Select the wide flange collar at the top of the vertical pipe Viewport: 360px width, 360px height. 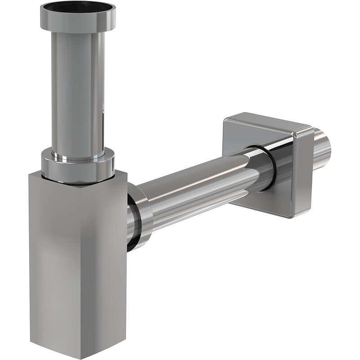point(77,22)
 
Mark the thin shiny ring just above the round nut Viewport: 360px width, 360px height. point(77,157)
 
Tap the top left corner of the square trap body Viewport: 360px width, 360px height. point(30,173)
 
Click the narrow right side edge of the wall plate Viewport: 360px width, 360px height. point(306,171)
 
